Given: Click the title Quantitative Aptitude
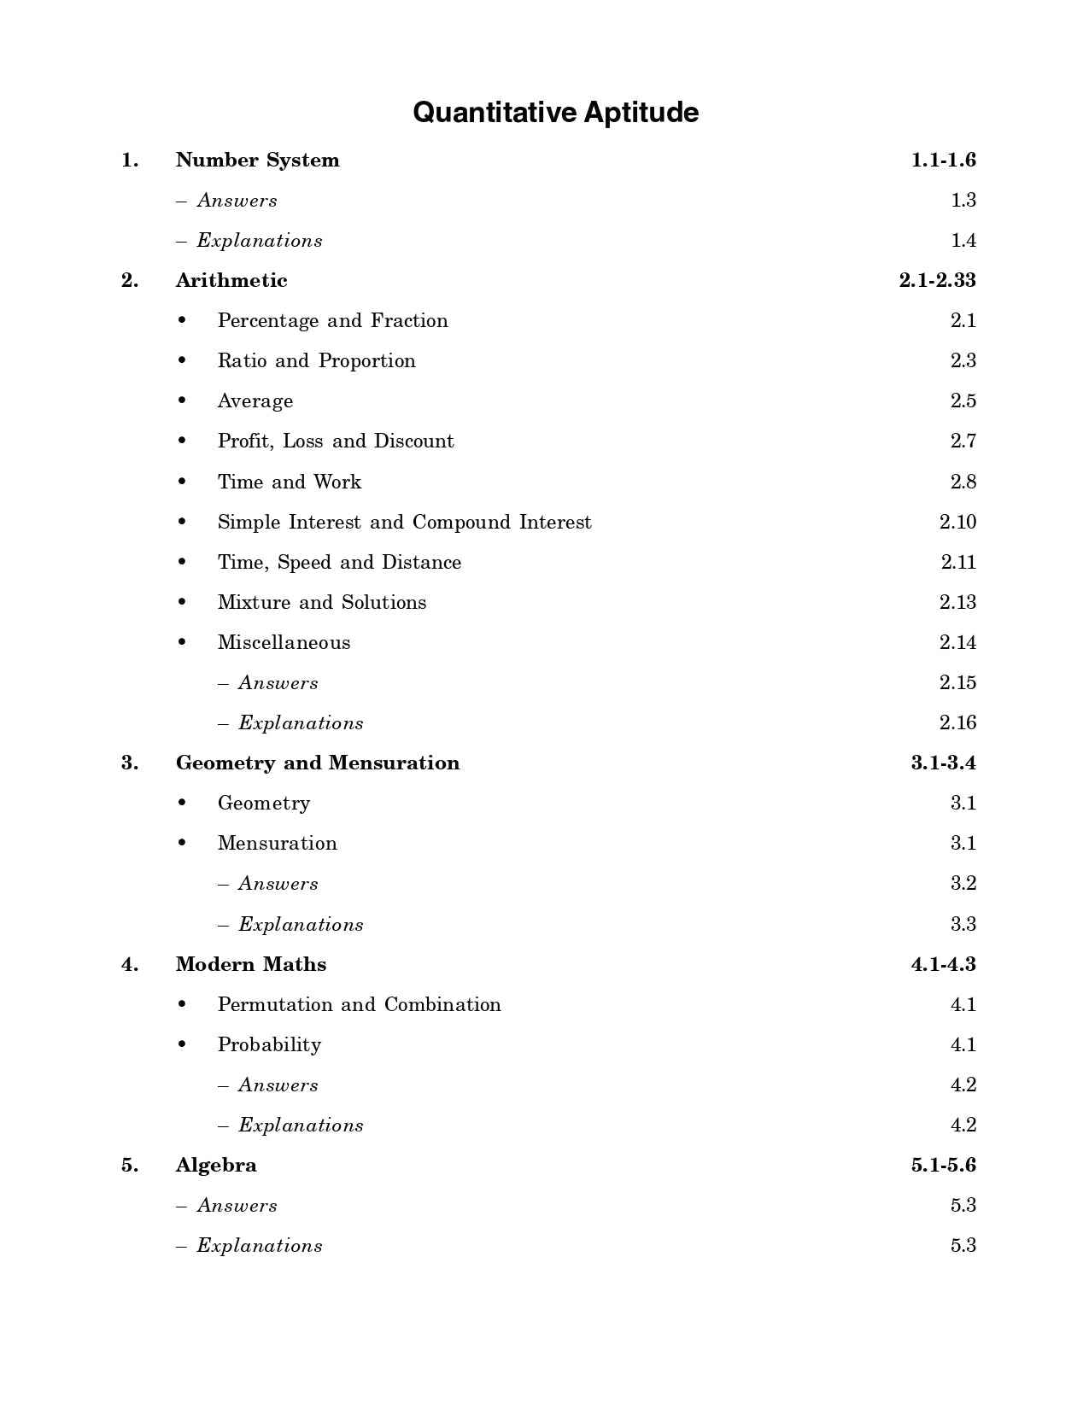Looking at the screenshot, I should [x=555, y=113].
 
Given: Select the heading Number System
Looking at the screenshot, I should [x=257, y=161].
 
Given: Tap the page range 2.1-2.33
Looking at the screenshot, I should [x=937, y=281].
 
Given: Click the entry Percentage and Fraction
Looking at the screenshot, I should [x=332, y=321].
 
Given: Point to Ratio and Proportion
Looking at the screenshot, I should [x=316, y=361].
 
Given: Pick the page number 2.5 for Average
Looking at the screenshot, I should [x=963, y=401].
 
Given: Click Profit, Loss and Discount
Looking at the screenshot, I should [x=336, y=441].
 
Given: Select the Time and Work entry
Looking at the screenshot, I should [x=289, y=482].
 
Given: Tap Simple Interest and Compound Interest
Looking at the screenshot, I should [x=404, y=523].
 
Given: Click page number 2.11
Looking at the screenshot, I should [x=957, y=563].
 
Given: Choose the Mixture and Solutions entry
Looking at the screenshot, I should [x=321, y=603].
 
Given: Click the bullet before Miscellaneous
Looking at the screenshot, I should [x=182, y=642].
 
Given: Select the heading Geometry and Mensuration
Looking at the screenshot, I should [x=317, y=763].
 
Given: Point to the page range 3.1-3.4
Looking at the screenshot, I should [x=943, y=763].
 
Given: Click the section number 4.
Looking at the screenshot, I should [x=130, y=965].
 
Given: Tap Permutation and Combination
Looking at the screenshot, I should [x=359, y=1005].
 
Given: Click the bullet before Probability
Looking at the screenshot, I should [x=182, y=1044].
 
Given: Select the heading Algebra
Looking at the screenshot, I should [x=215, y=1166].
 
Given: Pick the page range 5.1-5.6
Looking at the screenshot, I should [x=943, y=1166].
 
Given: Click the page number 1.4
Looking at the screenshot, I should [x=963, y=241].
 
